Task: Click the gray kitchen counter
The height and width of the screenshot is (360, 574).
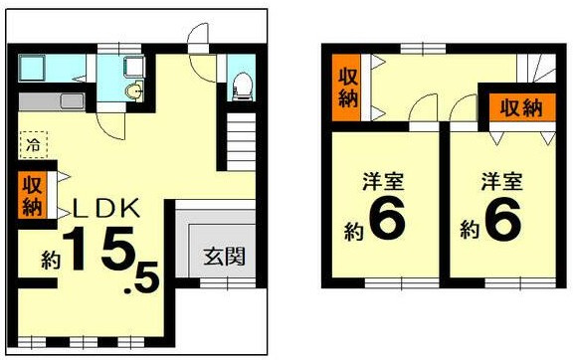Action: [54, 102]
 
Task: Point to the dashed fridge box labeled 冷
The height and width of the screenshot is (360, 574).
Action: [35, 143]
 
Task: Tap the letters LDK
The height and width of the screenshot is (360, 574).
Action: [110, 210]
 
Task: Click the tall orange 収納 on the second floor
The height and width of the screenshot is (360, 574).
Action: [347, 89]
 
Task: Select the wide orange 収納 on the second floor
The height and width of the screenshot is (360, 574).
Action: [519, 107]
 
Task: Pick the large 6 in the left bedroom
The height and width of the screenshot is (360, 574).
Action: [386, 222]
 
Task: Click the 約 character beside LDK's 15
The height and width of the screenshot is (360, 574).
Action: [51, 261]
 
